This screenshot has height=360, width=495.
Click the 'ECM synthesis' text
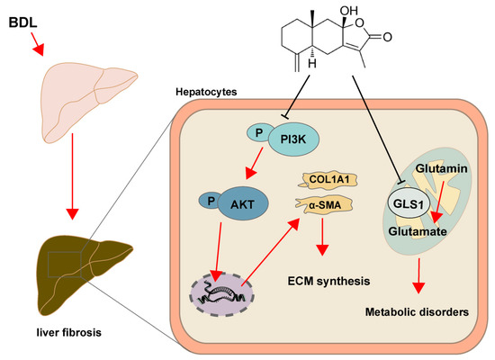point(329,281)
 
